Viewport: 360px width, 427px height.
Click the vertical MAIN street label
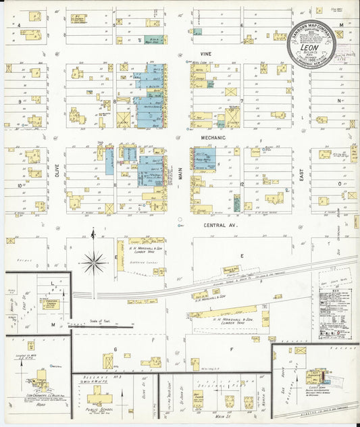coord(180,174)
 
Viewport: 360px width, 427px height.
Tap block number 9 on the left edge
coord(20,100)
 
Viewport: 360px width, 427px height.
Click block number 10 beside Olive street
coord(20,184)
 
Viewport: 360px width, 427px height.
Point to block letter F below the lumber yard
coord(231,348)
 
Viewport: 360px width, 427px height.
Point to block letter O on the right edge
coord(340,183)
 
